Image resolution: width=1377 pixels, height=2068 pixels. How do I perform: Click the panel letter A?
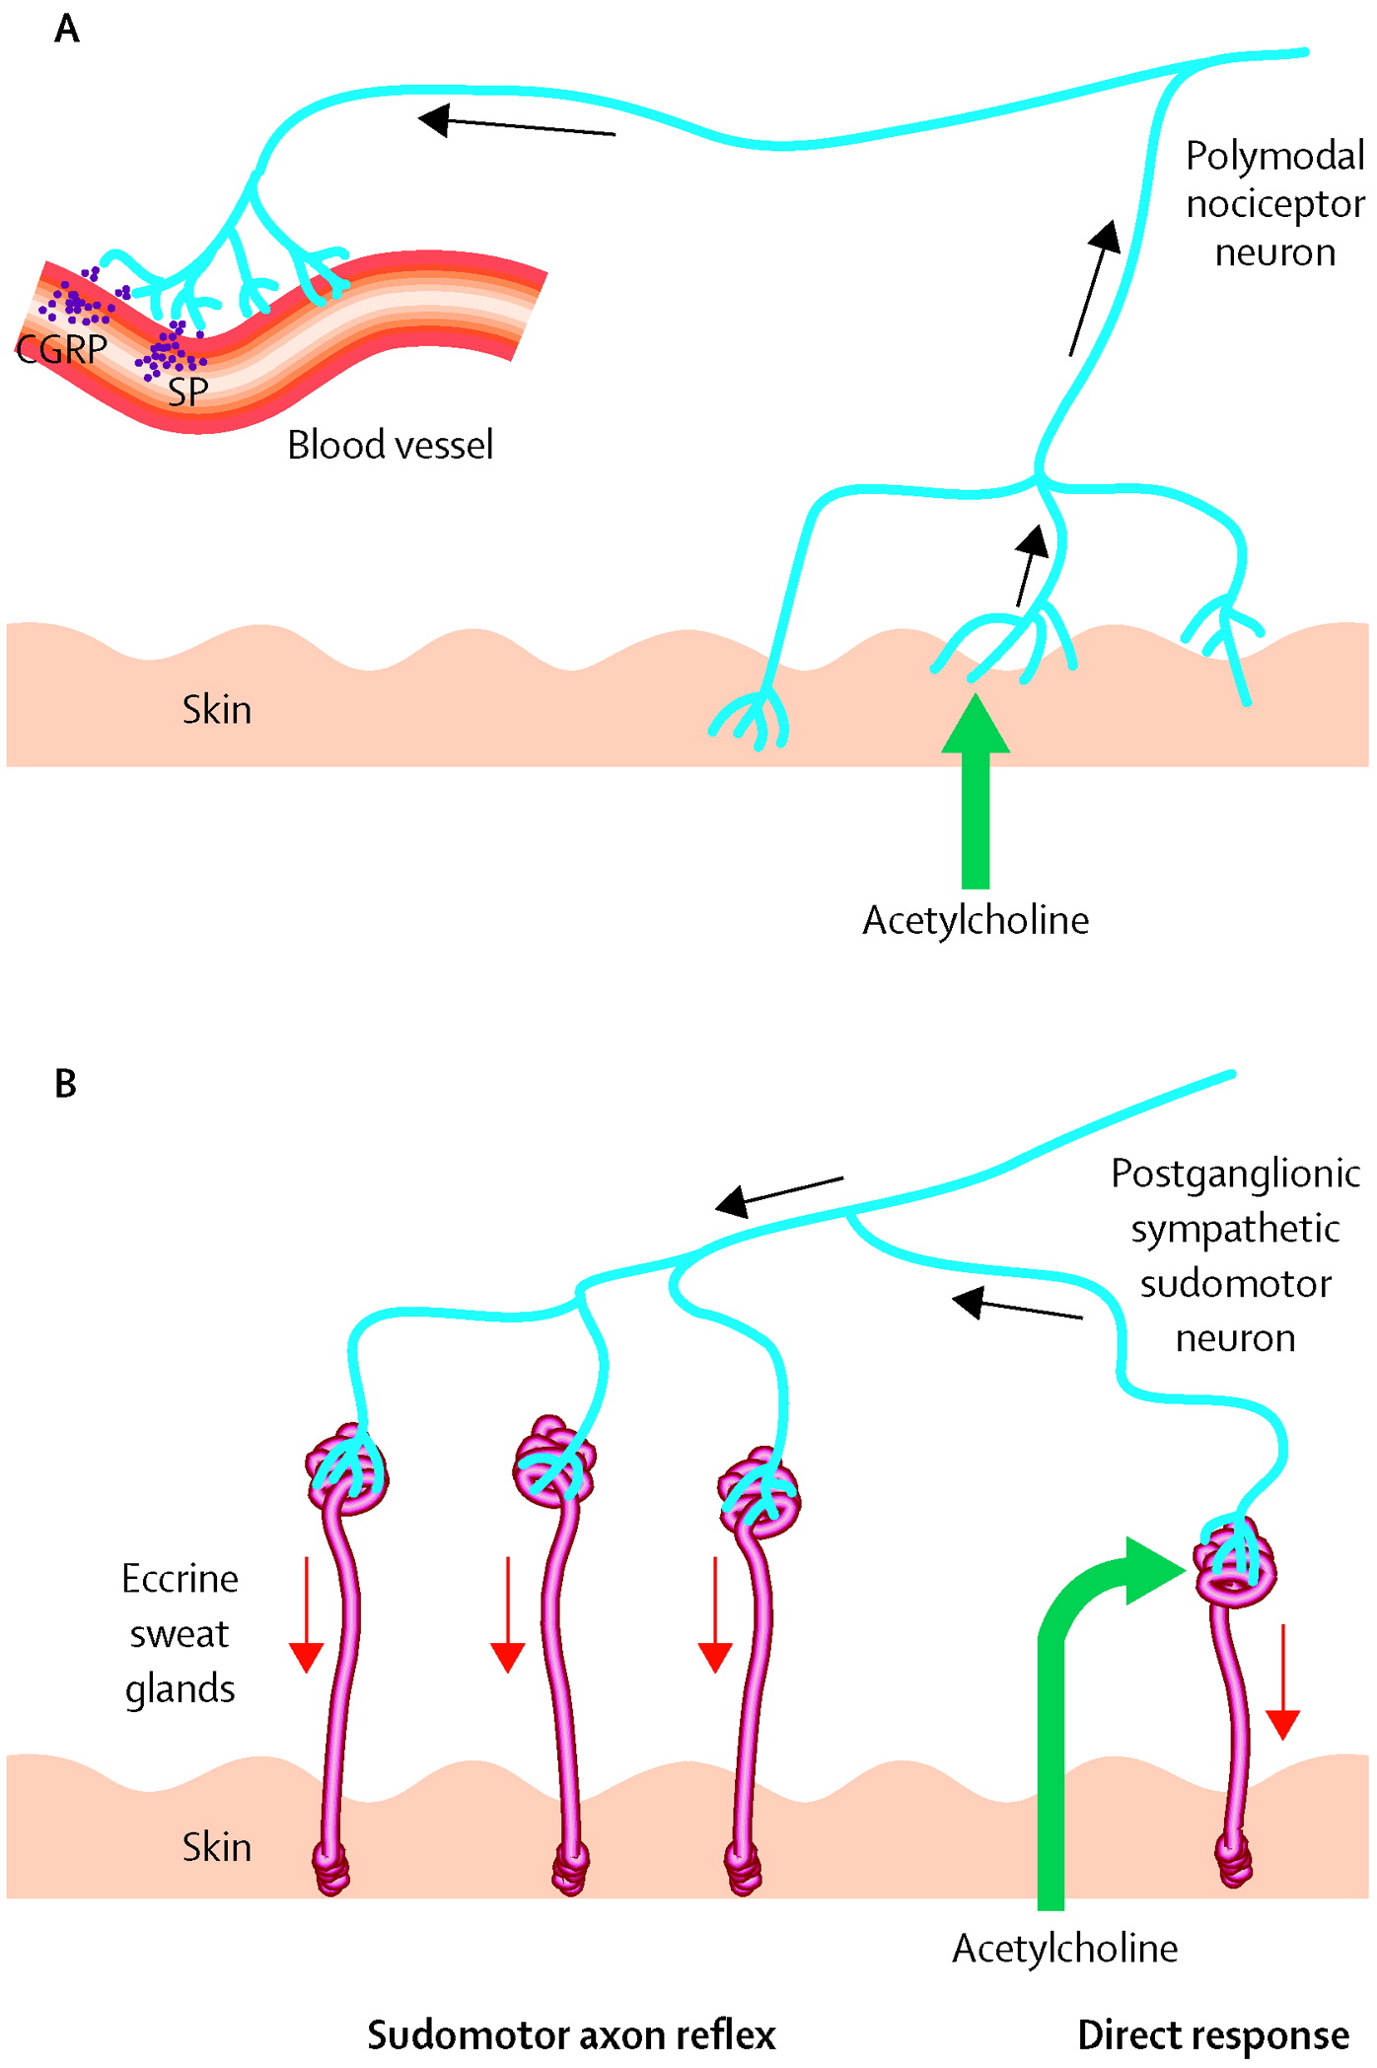(x=67, y=29)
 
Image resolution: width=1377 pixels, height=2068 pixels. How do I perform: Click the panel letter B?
(x=66, y=1084)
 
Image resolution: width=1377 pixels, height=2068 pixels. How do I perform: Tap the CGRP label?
(x=61, y=349)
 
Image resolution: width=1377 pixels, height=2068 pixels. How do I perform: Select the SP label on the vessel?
(x=187, y=392)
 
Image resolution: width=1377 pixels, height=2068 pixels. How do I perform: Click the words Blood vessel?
(x=390, y=446)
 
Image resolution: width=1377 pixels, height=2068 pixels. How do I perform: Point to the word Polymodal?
(x=1274, y=156)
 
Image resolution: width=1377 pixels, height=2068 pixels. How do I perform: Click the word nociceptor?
(x=1274, y=204)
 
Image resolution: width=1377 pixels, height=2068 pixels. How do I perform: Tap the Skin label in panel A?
(x=217, y=710)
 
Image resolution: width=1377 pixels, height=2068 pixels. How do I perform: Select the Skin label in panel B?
(x=217, y=1847)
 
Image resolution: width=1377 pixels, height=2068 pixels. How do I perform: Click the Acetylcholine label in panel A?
(x=976, y=920)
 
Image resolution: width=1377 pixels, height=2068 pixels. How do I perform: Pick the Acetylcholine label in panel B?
(x=1064, y=1949)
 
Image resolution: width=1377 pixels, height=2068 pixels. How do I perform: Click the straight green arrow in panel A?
(x=976, y=799)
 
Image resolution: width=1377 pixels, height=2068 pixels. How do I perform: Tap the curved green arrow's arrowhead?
(x=1152, y=1570)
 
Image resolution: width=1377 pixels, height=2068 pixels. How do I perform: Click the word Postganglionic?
(x=1235, y=1174)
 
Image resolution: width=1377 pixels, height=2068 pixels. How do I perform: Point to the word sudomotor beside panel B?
(x=1235, y=1284)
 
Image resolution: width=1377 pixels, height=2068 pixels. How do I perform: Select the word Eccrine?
(x=180, y=1579)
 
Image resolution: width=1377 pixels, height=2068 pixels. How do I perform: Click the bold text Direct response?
(x=1212, y=2034)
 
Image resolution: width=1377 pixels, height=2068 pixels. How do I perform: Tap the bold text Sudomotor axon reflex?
(x=571, y=2034)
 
